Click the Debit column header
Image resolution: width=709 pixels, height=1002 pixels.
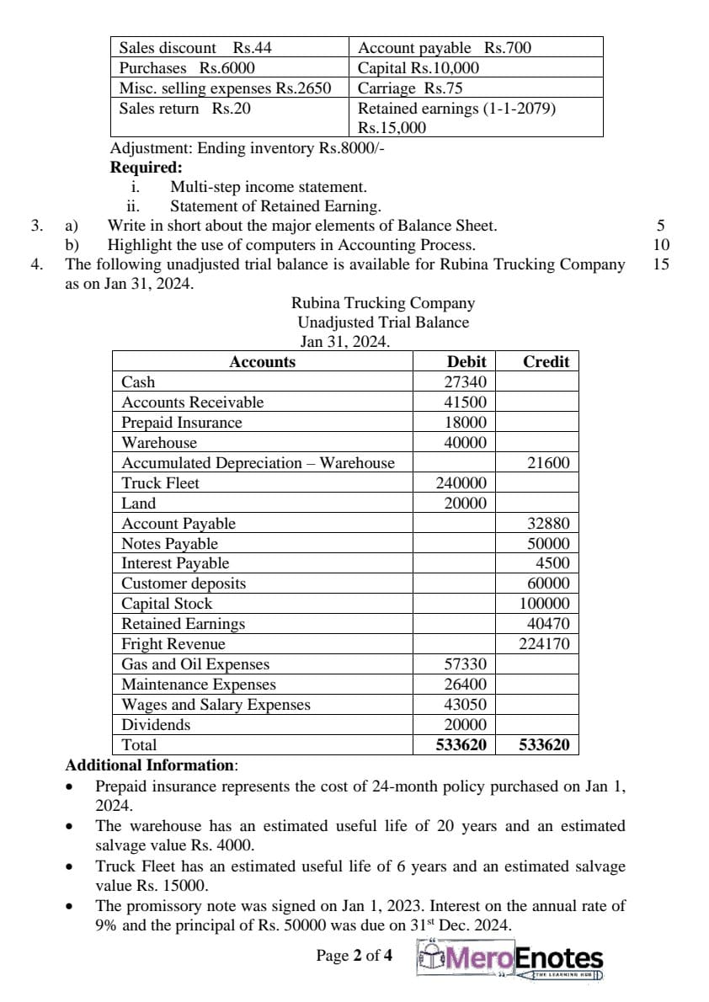coord(466,361)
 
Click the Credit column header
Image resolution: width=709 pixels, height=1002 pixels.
coord(546,361)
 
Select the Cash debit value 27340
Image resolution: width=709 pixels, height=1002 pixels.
coord(466,381)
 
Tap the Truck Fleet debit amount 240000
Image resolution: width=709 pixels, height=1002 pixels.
coord(461,483)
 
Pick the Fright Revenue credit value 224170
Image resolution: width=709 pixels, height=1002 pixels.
coord(544,644)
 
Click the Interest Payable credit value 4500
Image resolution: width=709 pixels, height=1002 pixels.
coord(552,563)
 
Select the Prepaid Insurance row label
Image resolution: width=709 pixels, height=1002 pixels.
coord(181,423)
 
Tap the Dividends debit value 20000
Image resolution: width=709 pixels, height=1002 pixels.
coord(466,725)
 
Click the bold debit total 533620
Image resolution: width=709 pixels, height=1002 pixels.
coord(461,745)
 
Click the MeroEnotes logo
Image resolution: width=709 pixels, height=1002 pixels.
coord(511,960)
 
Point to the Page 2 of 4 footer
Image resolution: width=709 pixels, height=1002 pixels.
coord(354,956)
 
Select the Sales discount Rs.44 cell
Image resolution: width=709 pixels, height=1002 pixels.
coord(195,48)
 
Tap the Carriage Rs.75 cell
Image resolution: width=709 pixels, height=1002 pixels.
coord(410,88)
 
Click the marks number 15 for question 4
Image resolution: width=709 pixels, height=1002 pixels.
coord(661,264)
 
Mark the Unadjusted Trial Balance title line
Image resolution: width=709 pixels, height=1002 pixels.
coord(383,322)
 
